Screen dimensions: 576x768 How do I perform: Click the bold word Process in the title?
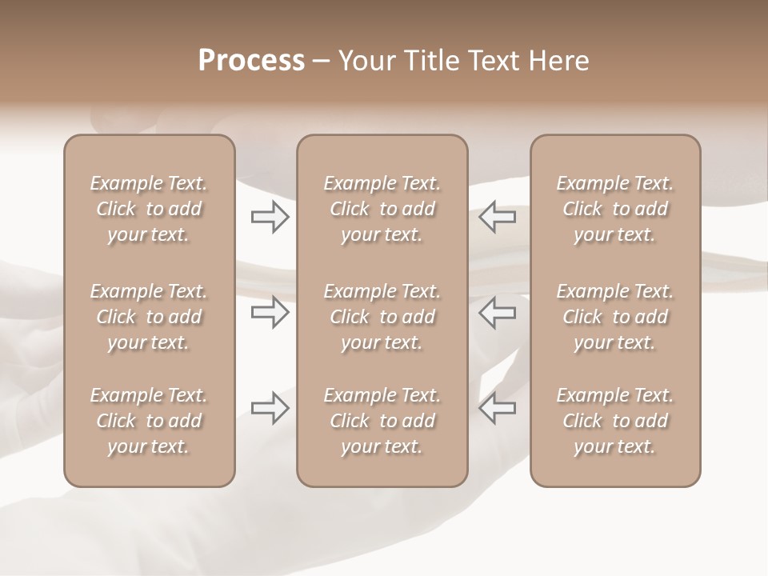click(251, 61)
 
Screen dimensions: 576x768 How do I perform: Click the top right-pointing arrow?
click(270, 217)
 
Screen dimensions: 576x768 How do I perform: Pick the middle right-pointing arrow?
click(270, 312)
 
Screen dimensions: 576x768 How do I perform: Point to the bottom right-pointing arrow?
click(270, 408)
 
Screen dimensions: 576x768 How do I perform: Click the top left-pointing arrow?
click(497, 217)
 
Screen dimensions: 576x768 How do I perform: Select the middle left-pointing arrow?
click(497, 312)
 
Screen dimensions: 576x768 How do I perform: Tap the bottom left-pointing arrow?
click(497, 408)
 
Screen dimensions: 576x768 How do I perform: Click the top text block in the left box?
click(149, 209)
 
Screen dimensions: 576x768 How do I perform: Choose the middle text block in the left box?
click(149, 317)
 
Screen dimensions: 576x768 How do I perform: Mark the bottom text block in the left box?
click(149, 421)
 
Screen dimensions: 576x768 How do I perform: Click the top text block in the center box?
click(382, 209)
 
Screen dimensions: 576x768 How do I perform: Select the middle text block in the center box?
click(382, 317)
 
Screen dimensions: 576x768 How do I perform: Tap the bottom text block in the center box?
click(382, 421)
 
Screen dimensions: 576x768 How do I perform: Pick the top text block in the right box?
click(615, 209)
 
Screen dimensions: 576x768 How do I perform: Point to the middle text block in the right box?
click(615, 317)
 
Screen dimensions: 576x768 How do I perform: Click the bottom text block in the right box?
click(615, 421)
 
